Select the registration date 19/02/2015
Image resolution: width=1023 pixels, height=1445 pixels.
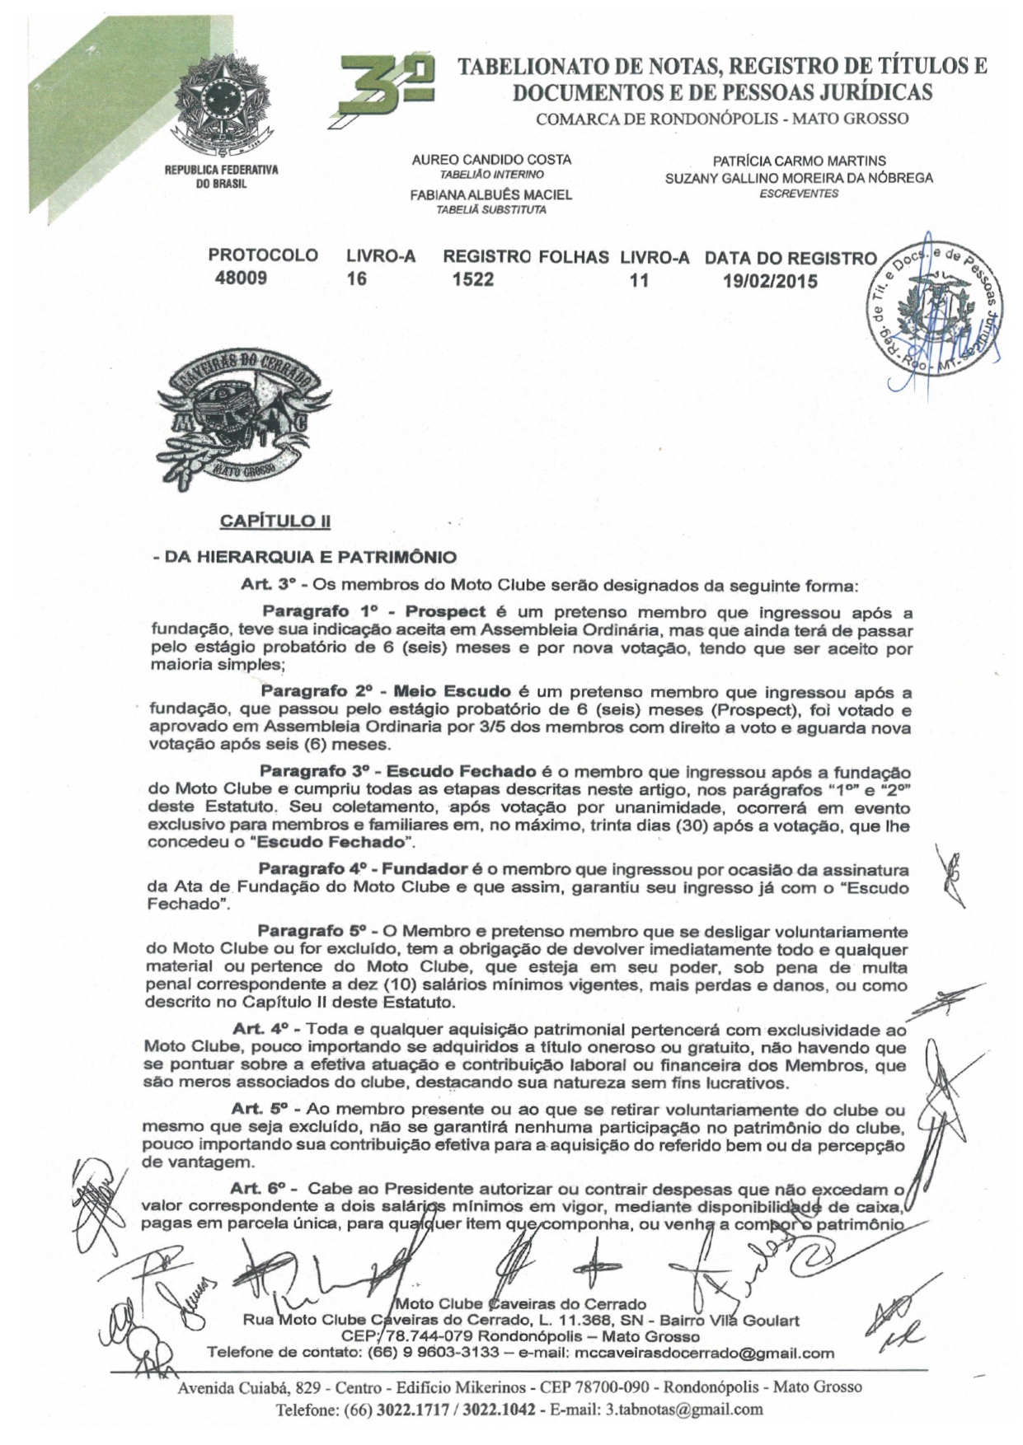pos(770,281)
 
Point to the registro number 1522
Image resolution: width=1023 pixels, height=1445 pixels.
pos(473,279)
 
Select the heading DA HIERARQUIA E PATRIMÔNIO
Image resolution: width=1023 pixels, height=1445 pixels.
pos(304,558)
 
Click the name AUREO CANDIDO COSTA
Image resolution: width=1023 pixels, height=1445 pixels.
pos(490,160)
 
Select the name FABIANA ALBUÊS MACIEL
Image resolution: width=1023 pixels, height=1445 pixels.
pos(490,195)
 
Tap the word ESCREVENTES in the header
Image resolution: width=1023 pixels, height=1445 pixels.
pos(798,194)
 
